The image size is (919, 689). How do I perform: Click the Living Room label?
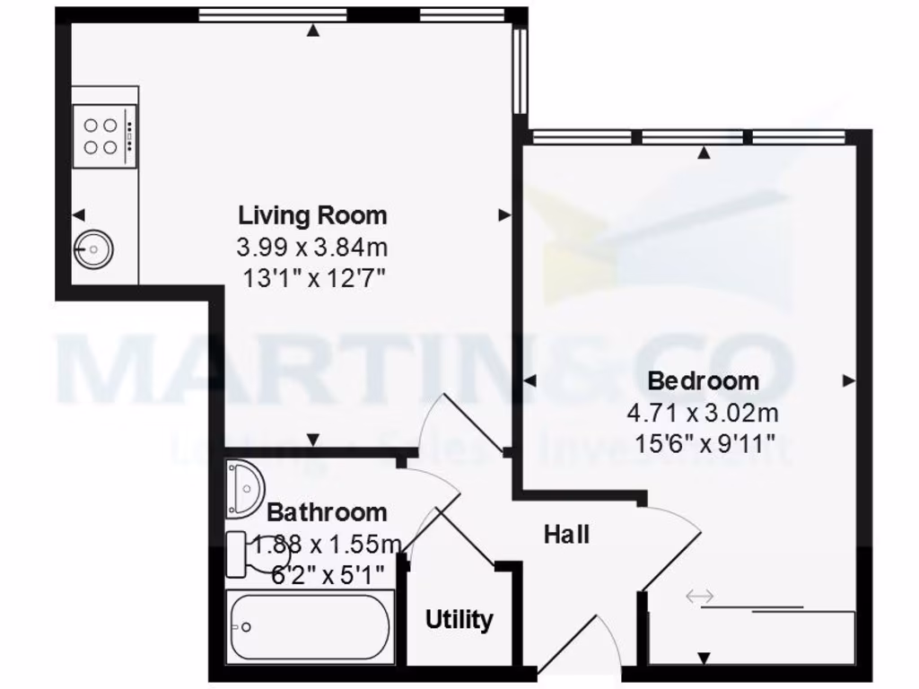point(312,215)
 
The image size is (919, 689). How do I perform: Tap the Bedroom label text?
point(704,380)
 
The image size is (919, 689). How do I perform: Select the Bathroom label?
point(328,512)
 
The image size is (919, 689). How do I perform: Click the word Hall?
point(567,535)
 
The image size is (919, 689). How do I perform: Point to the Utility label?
point(459,619)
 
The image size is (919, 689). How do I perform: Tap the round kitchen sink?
point(92,248)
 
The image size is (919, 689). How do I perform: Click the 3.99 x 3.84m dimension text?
point(312,246)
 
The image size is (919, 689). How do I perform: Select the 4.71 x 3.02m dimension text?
point(704,413)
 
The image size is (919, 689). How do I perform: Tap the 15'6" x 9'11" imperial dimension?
point(704,442)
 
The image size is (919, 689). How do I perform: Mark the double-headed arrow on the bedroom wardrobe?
point(698,595)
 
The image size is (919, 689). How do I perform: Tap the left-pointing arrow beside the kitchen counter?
point(79,214)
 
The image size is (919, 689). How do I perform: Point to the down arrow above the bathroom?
point(313,440)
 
